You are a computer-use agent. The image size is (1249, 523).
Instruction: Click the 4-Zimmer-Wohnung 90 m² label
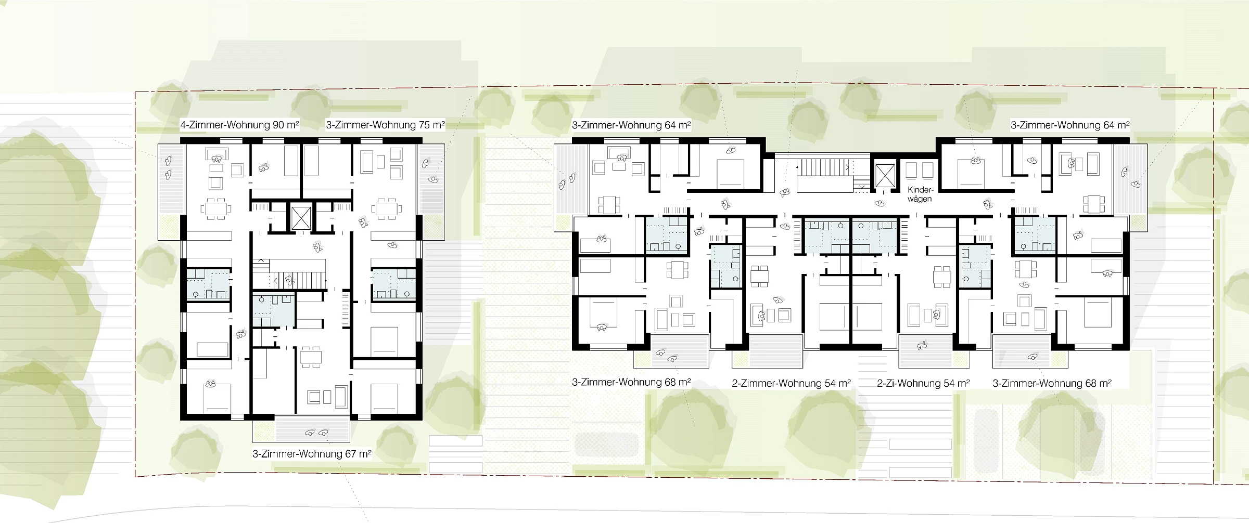(239, 125)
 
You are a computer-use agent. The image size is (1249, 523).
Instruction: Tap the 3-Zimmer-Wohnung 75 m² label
(386, 125)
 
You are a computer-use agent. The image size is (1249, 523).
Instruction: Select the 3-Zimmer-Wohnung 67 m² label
(312, 454)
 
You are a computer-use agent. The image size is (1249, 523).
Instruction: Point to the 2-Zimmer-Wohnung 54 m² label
(791, 383)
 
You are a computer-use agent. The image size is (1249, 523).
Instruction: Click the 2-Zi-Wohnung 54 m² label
(923, 383)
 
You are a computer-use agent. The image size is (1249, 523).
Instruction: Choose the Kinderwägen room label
(920, 194)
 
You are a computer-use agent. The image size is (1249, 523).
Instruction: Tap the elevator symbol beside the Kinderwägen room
(885, 175)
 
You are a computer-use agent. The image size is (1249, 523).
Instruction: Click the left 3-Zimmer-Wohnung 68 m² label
(631, 382)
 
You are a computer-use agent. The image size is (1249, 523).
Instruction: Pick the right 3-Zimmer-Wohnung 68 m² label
(1052, 383)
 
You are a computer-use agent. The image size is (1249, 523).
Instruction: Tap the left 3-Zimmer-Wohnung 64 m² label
(631, 125)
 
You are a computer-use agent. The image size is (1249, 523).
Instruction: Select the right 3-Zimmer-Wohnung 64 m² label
(1070, 125)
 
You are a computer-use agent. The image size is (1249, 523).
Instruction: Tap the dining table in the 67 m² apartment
(311, 357)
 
